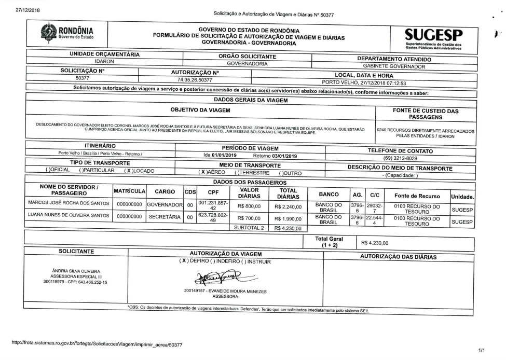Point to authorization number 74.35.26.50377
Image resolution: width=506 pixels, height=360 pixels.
coord(195,80)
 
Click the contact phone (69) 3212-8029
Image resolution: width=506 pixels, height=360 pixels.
coord(400,158)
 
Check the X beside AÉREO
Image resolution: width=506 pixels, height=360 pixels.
coord(203,171)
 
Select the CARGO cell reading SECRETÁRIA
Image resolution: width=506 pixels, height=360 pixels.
coord(165,218)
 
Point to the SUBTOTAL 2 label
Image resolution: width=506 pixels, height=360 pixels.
coord(249,228)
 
